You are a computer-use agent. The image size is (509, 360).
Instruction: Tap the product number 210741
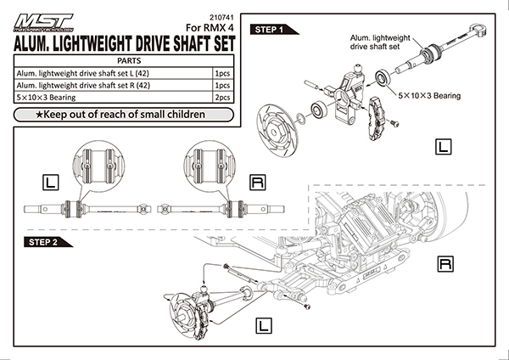pyautogui.click(x=219, y=17)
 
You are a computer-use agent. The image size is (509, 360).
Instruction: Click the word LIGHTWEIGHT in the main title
pyautogui.click(x=112, y=45)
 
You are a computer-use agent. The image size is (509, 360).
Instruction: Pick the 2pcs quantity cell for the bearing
pyautogui.click(x=224, y=98)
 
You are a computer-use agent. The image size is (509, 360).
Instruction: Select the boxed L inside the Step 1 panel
pyautogui.click(x=441, y=147)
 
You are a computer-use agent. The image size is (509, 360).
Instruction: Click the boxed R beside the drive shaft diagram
pyautogui.click(x=256, y=181)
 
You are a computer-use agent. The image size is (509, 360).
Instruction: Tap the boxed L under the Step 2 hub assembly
pyautogui.click(x=264, y=323)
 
